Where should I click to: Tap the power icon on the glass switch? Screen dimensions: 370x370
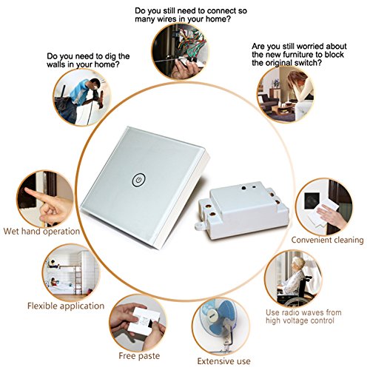[x=138, y=180]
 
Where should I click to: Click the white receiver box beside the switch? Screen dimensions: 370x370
[x=242, y=211]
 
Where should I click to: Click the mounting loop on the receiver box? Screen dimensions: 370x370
[x=199, y=226]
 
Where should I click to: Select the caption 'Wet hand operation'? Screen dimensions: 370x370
[x=41, y=232]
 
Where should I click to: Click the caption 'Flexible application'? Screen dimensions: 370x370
[x=66, y=306]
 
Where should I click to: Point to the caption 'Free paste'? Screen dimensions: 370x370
[x=139, y=356]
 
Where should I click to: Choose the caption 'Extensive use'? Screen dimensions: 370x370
[x=223, y=361]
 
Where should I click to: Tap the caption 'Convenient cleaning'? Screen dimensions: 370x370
[x=327, y=240]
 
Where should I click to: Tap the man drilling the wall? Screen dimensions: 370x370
[x=79, y=100]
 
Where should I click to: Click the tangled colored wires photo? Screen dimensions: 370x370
[x=180, y=51]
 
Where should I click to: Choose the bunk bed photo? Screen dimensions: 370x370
[x=71, y=272]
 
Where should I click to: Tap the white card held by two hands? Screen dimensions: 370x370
[x=143, y=321]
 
